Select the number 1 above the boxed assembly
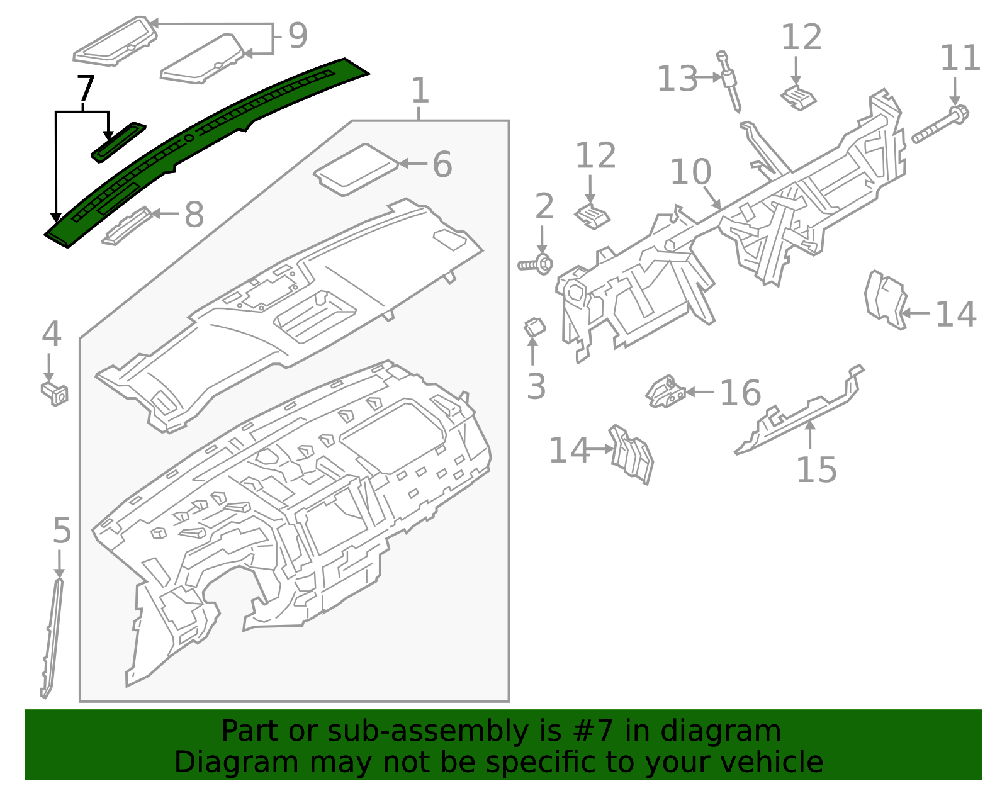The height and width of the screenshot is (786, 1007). coord(420,91)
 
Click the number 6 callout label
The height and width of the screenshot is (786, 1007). coord(442,164)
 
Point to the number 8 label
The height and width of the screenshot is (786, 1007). coord(194,215)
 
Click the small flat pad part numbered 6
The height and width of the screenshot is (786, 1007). coord(356,169)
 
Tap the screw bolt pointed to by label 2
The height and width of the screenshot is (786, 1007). coord(536,265)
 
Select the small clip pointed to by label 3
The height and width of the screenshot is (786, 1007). coord(534,327)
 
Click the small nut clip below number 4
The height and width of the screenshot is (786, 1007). coord(55,393)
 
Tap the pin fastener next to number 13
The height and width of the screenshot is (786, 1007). coord(729,82)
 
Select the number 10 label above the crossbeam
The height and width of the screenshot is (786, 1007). coord(690,172)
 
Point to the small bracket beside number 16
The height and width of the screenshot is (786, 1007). coord(665,391)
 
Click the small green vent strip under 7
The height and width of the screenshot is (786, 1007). coord(118,142)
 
